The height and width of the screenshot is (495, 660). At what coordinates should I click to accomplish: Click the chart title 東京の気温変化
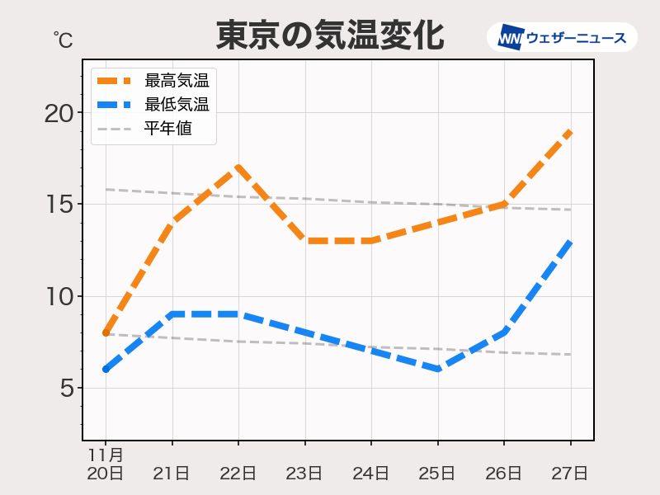(330, 36)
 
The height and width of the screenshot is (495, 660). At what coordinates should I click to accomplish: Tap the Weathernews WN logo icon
(511, 37)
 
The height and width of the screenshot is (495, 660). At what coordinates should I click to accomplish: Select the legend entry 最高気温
(177, 80)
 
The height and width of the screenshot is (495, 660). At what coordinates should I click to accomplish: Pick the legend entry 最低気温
(177, 105)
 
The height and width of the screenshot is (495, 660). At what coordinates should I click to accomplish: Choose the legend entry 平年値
(168, 129)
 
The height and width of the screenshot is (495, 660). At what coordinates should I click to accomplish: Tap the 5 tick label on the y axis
(67, 389)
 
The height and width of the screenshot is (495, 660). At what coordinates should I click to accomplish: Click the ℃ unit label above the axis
(63, 39)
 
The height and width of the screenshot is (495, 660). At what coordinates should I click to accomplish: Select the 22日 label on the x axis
(238, 474)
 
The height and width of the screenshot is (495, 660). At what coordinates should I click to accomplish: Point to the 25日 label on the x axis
(437, 474)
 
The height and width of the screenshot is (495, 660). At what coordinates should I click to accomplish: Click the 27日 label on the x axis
(570, 474)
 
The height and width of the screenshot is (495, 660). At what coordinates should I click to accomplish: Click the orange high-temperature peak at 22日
(238, 167)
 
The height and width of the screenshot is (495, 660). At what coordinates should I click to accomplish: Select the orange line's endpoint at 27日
(570, 131)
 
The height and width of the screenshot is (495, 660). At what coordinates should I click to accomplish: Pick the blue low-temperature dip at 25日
(437, 370)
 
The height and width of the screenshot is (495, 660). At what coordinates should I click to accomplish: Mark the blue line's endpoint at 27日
(570, 241)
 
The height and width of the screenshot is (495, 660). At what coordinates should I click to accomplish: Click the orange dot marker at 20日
(106, 332)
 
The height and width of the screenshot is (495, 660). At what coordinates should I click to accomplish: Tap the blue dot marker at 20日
(106, 370)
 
